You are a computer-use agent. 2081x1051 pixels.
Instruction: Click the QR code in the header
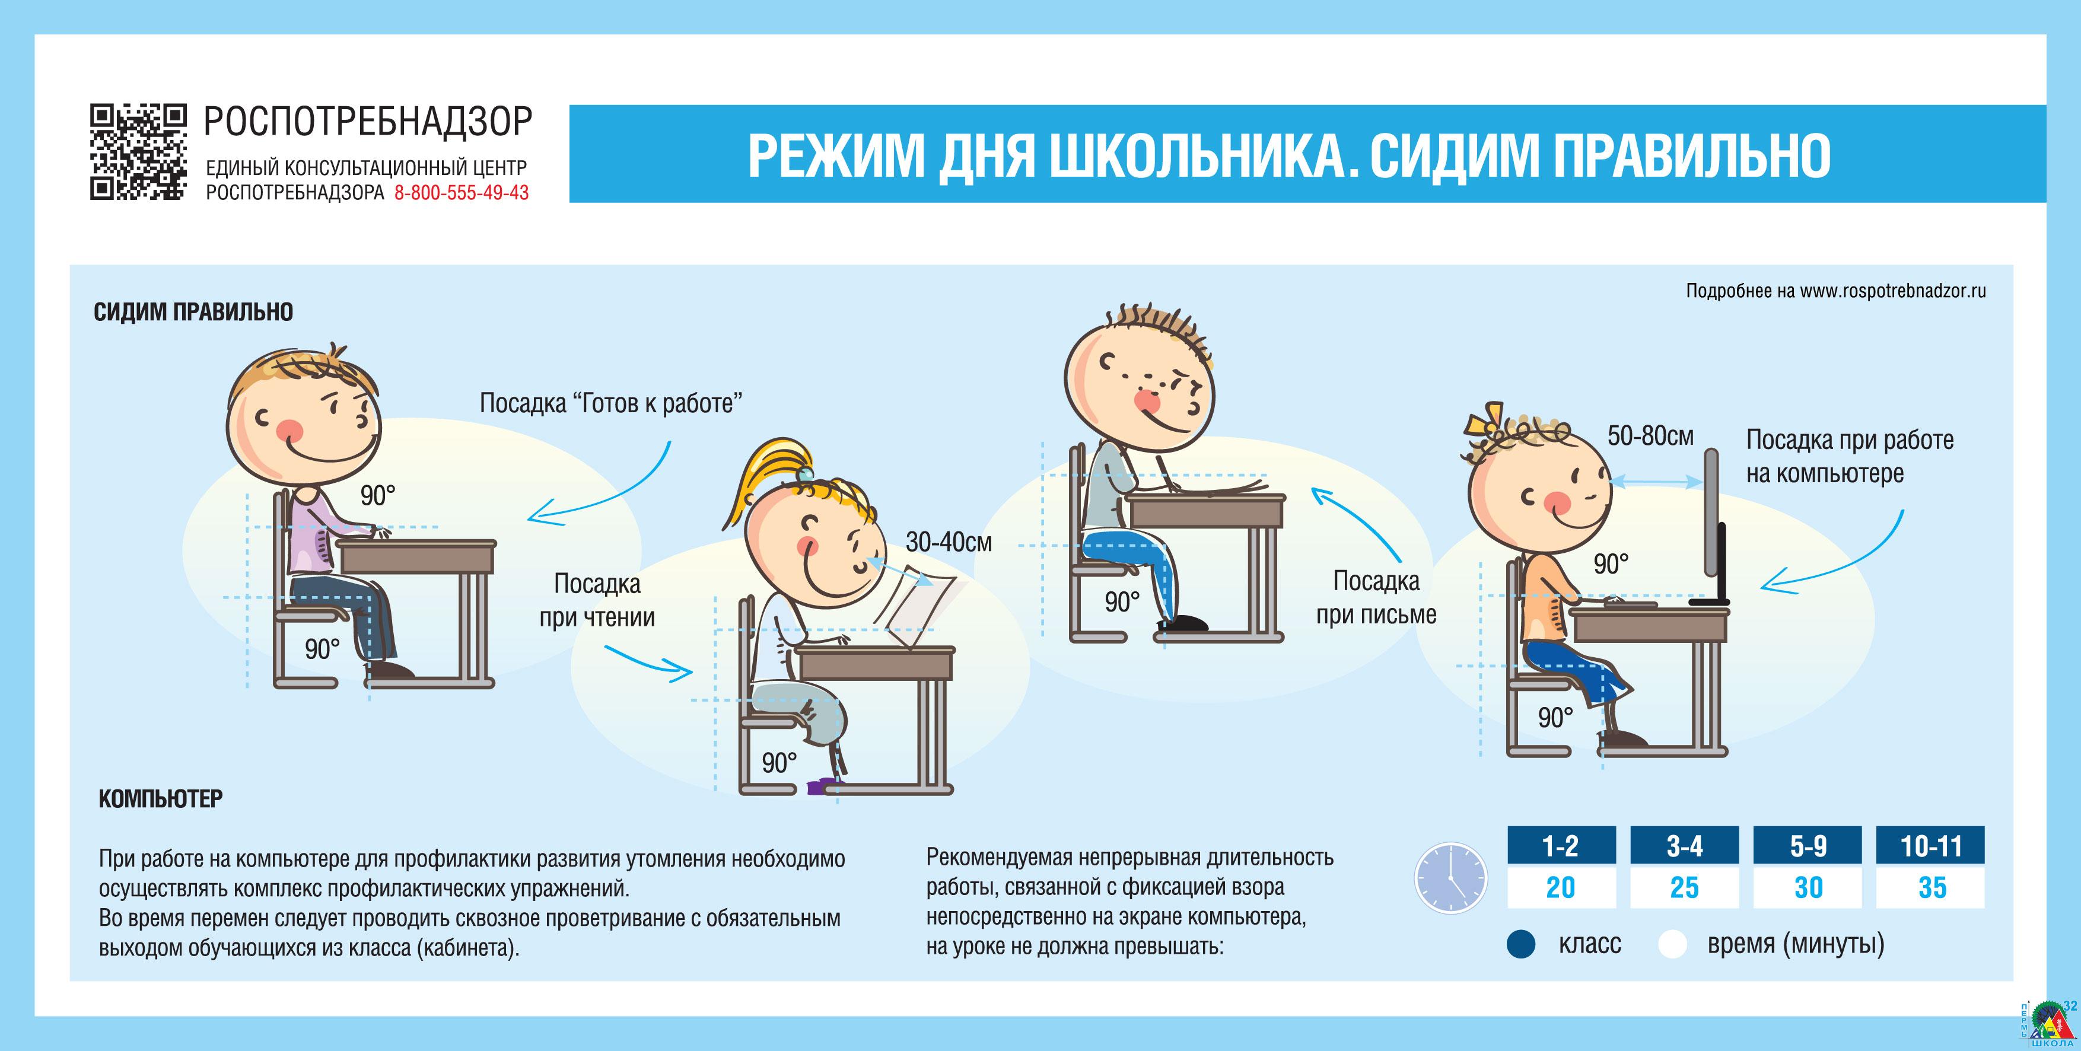(138, 152)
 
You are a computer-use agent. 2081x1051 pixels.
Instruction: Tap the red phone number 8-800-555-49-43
(462, 192)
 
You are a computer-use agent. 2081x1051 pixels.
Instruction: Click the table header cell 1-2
(1561, 846)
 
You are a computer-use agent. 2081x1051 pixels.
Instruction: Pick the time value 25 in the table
(1684, 887)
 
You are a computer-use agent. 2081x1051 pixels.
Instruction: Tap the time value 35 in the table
(1932, 887)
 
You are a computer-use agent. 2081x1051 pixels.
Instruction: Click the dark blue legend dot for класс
(1521, 944)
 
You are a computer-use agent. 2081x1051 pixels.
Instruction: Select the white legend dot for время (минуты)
(1672, 944)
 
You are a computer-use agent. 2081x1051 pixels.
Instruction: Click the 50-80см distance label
(1650, 436)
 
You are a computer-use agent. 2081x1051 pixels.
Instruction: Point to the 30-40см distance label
(949, 542)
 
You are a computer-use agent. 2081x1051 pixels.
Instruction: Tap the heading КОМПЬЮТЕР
(161, 798)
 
